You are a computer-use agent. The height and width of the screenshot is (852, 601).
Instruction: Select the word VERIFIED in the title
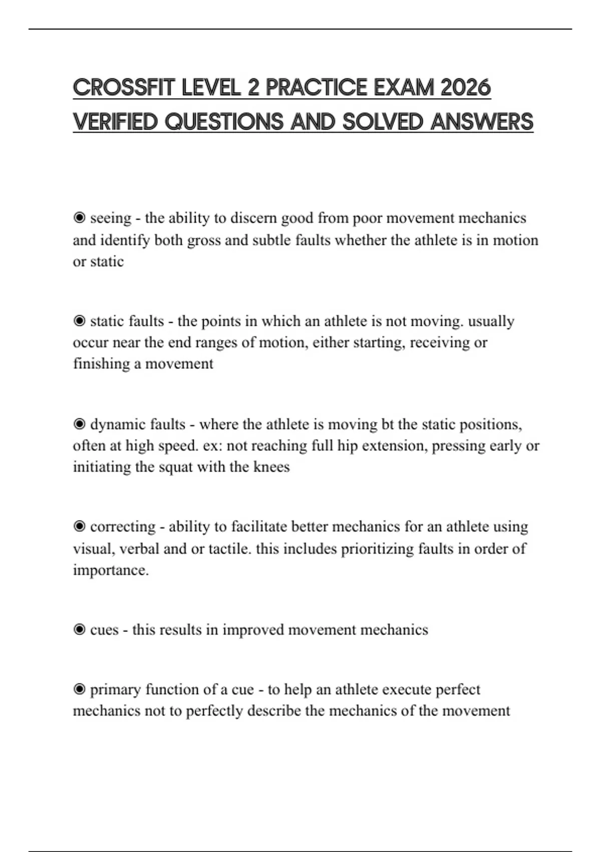coord(115,122)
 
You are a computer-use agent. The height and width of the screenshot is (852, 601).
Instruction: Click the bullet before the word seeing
coord(79,218)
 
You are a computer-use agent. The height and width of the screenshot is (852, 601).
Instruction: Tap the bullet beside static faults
coord(79,321)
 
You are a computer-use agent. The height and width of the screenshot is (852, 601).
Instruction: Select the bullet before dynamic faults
coord(79,424)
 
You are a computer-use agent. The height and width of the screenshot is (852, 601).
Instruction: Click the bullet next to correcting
coord(79,527)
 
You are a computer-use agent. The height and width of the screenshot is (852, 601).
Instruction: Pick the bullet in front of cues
coord(79,630)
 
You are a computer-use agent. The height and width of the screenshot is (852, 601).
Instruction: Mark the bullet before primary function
coord(79,690)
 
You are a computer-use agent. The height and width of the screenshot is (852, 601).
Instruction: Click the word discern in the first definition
coord(253,219)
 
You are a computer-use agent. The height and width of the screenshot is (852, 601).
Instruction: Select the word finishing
coord(101,364)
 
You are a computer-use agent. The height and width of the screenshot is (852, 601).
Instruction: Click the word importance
coord(111,570)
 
